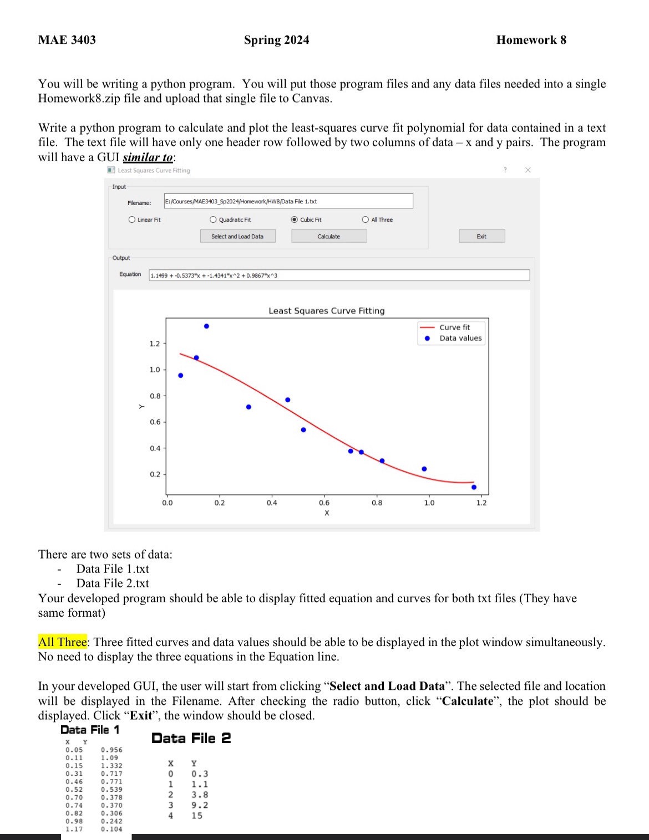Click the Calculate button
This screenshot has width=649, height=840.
pos(329,237)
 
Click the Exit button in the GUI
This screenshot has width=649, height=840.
pos(481,237)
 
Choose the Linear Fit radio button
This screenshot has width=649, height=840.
pos(132,220)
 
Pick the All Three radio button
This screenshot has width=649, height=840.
pos(366,220)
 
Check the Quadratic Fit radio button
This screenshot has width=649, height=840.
pos(214,220)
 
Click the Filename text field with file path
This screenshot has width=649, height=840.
pos(288,202)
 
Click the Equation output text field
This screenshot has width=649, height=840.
pos(339,275)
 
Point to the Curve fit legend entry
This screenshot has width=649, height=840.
pos(454,327)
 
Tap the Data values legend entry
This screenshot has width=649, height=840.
pos(460,339)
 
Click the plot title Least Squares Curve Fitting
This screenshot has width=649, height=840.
pos(326,311)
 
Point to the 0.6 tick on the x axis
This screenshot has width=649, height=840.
pos(324,503)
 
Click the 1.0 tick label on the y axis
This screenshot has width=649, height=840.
pos(155,370)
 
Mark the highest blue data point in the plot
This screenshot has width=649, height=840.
pos(206,326)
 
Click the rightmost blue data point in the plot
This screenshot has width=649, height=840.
pos(474,487)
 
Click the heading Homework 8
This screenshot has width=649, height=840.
pos(531,40)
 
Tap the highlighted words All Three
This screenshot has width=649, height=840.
pos(62,642)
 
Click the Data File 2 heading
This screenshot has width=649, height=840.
pos(191,738)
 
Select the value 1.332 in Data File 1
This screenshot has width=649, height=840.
pos(111,766)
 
